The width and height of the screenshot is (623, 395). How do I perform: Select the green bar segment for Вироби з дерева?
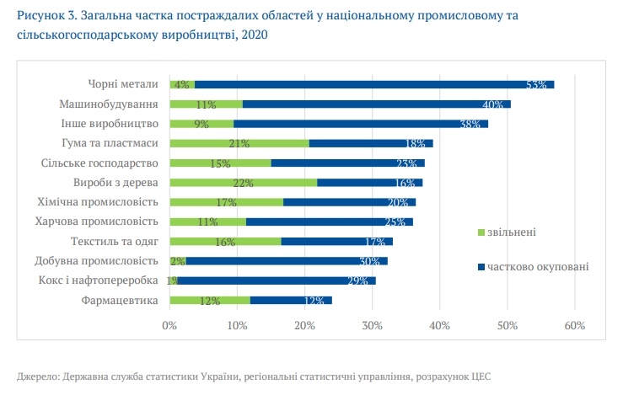pos(243,182)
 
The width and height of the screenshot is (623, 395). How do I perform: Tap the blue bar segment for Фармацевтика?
pos(291,300)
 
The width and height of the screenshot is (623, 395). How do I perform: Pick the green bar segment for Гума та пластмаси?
pos(239,143)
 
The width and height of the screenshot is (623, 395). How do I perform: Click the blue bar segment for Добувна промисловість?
pos(287,261)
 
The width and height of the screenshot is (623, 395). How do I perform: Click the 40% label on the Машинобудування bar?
pos(493,104)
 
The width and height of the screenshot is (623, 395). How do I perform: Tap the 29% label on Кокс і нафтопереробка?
pos(357,281)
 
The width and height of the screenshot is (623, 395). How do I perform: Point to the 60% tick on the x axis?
pos(574,325)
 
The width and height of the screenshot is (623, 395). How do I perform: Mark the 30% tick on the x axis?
pos(372,325)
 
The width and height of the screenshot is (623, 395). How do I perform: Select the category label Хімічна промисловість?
pos(99,201)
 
